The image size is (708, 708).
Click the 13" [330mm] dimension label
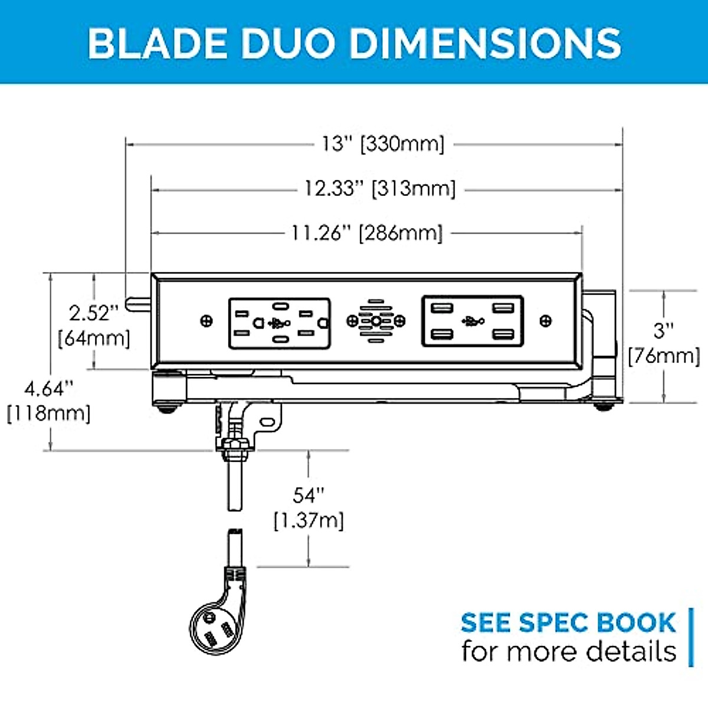(x=382, y=143)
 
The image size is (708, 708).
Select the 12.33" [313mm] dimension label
(x=380, y=189)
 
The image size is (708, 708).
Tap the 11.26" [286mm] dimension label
(x=366, y=233)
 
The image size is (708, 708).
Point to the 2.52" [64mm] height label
(x=94, y=325)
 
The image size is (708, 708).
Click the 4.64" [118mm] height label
(x=49, y=401)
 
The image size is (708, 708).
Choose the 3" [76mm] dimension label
(x=664, y=343)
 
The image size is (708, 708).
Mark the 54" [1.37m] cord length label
(x=309, y=507)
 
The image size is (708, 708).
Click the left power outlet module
(x=279, y=323)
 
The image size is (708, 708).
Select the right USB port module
(x=472, y=321)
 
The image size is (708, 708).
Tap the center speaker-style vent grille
(x=376, y=321)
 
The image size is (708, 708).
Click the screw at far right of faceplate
(x=546, y=320)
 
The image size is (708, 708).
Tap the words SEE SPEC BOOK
(x=568, y=622)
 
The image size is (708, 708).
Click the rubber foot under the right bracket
(x=602, y=406)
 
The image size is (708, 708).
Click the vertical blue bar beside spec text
(x=691, y=637)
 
